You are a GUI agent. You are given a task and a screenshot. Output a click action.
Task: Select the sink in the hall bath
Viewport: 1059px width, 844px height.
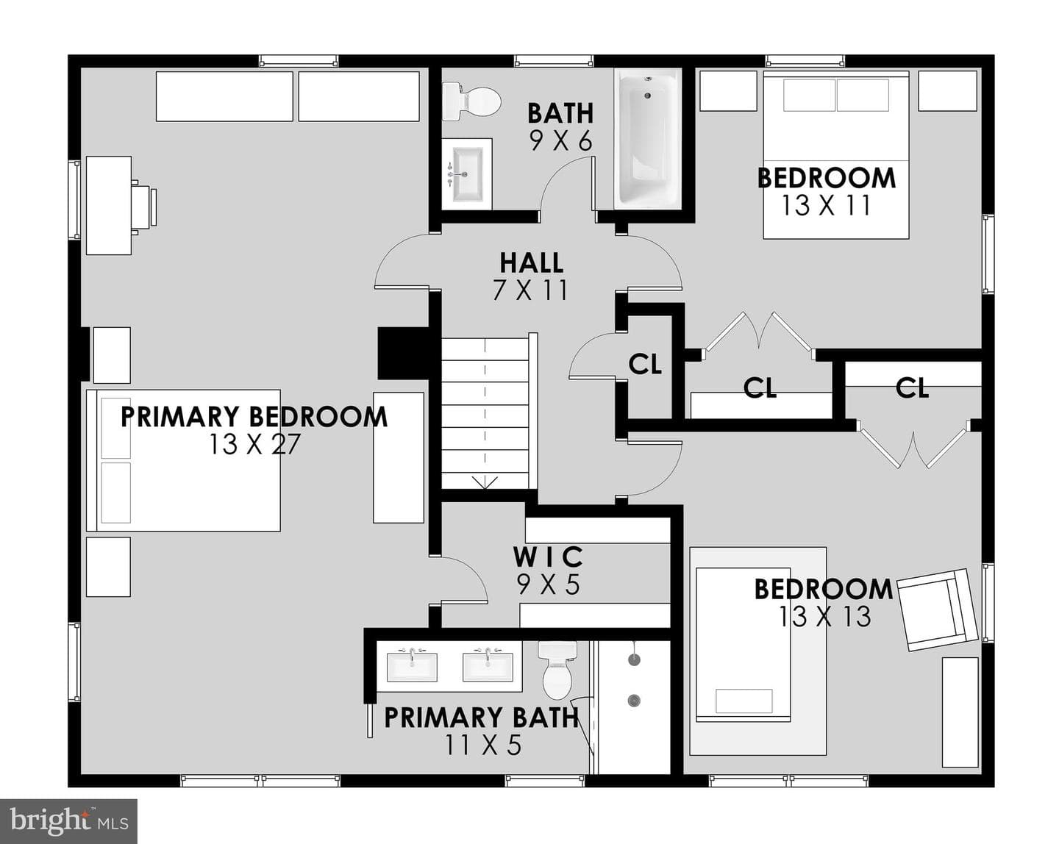[x=466, y=174]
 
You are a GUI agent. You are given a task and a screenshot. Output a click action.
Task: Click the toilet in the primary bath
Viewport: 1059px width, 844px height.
[x=557, y=669]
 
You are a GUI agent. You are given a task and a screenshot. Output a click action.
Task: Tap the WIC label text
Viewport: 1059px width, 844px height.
[x=548, y=557]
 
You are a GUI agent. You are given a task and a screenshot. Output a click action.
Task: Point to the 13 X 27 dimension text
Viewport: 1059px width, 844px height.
[x=254, y=444]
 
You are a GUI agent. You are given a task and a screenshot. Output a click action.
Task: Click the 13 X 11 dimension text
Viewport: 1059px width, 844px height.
[x=826, y=205]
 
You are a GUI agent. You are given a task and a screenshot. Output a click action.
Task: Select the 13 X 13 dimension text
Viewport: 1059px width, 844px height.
[x=824, y=616]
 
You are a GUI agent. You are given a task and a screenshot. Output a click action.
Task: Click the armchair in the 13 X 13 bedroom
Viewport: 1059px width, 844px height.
[x=937, y=609]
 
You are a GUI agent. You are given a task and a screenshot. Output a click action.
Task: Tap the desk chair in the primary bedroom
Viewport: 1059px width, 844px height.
[x=143, y=207]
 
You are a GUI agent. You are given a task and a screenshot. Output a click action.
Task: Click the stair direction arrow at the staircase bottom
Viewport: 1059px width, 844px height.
[x=485, y=482]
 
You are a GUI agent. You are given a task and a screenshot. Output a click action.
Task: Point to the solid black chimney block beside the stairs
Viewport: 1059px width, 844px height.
[x=404, y=354]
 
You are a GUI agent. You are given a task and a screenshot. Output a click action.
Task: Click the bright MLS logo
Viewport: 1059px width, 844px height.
[x=68, y=821]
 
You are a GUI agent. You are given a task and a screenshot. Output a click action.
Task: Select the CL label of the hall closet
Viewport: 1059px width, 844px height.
[x=645, y=365]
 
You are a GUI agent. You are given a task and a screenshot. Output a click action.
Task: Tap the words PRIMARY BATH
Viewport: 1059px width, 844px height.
[x=481, y=718]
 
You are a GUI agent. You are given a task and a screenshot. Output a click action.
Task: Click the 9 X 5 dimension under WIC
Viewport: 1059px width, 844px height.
[x=548, y=584]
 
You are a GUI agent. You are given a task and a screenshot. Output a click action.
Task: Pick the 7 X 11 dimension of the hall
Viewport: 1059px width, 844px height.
[x=530, y=290]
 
